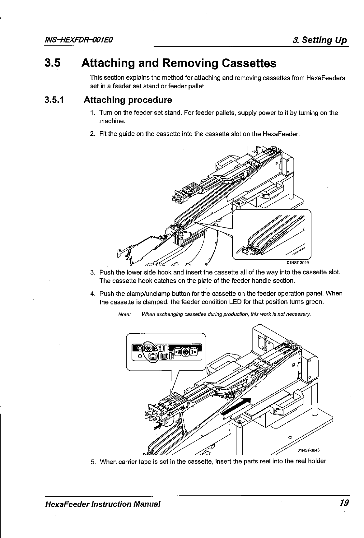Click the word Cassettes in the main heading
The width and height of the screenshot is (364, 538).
[x=249, y=63]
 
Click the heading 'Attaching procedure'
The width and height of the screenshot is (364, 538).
[x=128, y=100]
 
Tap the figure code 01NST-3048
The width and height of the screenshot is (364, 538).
[x=309, y=450]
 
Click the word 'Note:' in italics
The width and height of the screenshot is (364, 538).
[x=124, y=314]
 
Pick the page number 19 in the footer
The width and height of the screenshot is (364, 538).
[x=344, y=503]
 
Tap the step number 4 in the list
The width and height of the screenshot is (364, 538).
[x=92, y=294]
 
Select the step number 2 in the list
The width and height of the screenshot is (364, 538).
[x=92, y=134]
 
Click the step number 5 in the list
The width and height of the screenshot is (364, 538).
[x=93, y=461]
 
